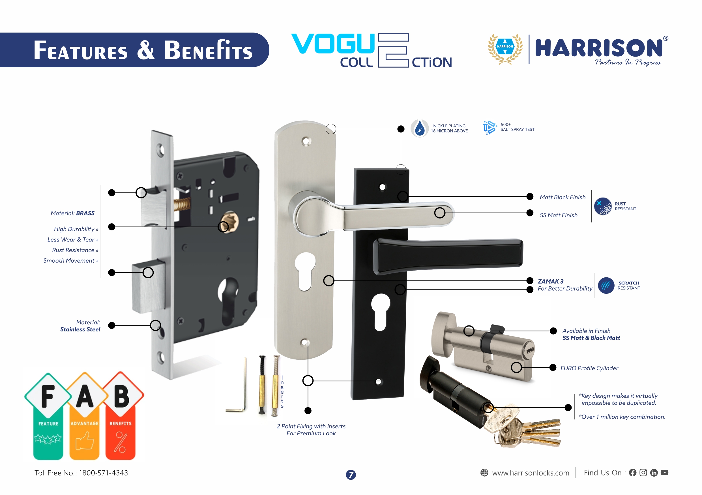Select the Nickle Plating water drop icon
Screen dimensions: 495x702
(x=420, y=128)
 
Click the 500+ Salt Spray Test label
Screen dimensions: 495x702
(x=517, y=127)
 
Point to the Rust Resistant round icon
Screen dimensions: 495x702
(x=603, y=206)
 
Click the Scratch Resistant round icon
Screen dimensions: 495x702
(x=606, y=286)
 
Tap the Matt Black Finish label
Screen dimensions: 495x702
(x=562, y=197)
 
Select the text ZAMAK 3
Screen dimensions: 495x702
(x=550, y=281)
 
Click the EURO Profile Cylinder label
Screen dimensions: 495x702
(x=589, y=368)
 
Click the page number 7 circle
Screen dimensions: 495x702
(x=351, y=475)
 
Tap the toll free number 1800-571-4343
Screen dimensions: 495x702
(x=103, y=473)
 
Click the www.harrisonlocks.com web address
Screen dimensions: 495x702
(x=531, y=473)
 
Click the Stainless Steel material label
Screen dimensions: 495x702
(x=80, y=329)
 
